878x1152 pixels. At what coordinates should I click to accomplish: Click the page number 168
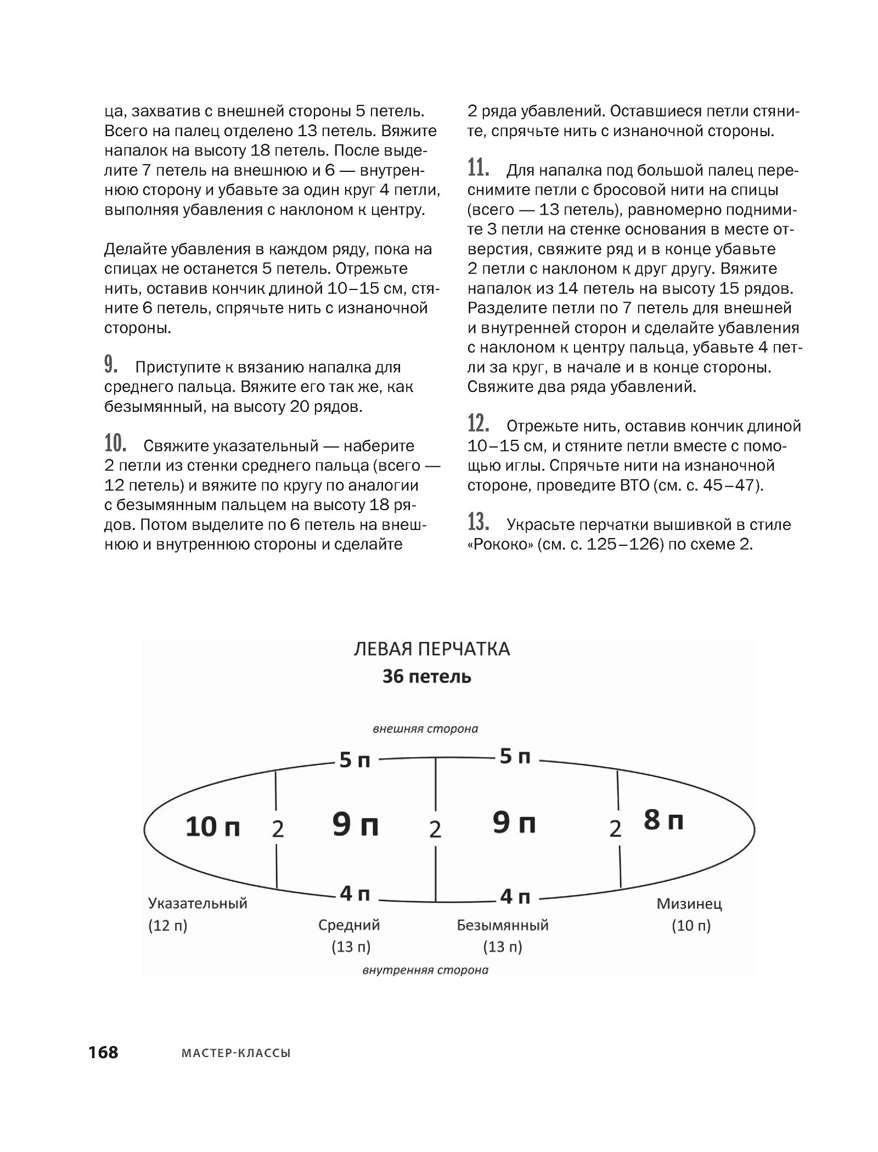click(x=104, y=1052)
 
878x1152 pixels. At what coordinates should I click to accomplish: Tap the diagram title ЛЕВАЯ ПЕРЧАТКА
click(x=431, y=649)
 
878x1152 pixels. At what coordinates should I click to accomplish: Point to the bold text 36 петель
click(x=426, y=676)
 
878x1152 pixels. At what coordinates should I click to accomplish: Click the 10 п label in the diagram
click(x=212, y=826)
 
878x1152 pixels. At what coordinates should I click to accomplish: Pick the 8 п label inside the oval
click(x=663, y=820)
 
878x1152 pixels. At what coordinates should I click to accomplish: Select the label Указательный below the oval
click(x=198, y=903)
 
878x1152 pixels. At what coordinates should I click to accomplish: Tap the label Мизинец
click(x=689, y=904)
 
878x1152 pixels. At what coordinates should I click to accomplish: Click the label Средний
click(x=349, y=925)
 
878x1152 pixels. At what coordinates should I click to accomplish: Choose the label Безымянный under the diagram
click(x=503, y=925)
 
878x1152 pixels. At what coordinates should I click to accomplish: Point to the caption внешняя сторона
click(x=425, y=729)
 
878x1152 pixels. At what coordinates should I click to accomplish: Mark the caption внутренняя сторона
click(x=425, y=970)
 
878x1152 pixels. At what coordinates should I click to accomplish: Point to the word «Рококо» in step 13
click(x=499, y=545)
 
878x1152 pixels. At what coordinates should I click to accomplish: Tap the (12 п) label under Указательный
click(x=167, y=926)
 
